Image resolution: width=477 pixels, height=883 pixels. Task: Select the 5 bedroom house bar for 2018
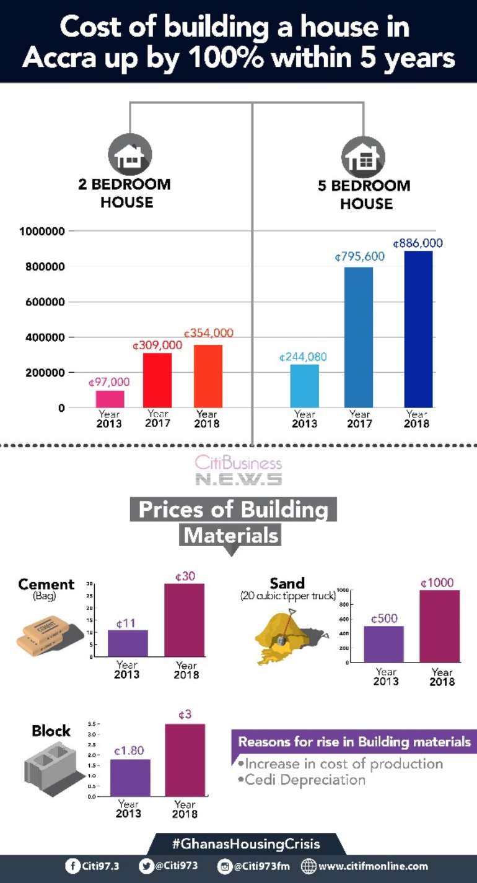tap(418, 329)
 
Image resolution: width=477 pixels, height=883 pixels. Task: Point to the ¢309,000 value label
tap(157, 346)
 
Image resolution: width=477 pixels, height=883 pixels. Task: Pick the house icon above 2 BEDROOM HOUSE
tap(129, 155)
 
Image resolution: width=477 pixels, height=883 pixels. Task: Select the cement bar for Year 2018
tap(184, 620)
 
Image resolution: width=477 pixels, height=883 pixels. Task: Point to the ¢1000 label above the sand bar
tap(437, 583)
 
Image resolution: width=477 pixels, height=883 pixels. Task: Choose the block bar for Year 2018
tap(185, 760)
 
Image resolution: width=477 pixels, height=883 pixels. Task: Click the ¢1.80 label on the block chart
tap(129, 750)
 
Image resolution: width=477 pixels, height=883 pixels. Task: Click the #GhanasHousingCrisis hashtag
tap(246, 843)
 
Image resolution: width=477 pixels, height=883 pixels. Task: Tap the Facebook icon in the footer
tap(72, 866)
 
